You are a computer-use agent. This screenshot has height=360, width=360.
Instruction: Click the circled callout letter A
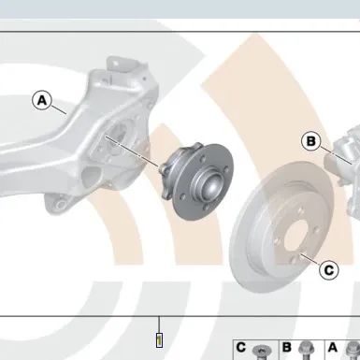pyautogui.click(x=42, y=100)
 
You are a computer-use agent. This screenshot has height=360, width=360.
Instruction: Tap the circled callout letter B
pyautogui.click(x=311, y=141)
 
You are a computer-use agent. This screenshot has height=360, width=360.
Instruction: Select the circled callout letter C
pyautogui.click(x=329, y=270)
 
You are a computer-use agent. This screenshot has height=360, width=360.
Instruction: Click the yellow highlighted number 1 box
pyautogui.click(x=159, y=340)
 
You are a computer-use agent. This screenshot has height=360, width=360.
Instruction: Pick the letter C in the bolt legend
pyautogui.click(x=241, y=347)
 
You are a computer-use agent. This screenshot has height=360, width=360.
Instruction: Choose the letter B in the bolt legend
pyautogui.click(x=287, y=347)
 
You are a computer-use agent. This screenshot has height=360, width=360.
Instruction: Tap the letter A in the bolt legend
pyautogui.click(x=333, y=347)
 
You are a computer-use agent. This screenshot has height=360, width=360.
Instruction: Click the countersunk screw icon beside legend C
pyautogui.click(x=261, y=353)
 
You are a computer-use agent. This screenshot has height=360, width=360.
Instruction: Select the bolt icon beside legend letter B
pyautogui.click(x=307, y=351)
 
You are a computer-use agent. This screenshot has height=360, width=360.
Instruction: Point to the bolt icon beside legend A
pyautogui.click(x=353, y=351)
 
